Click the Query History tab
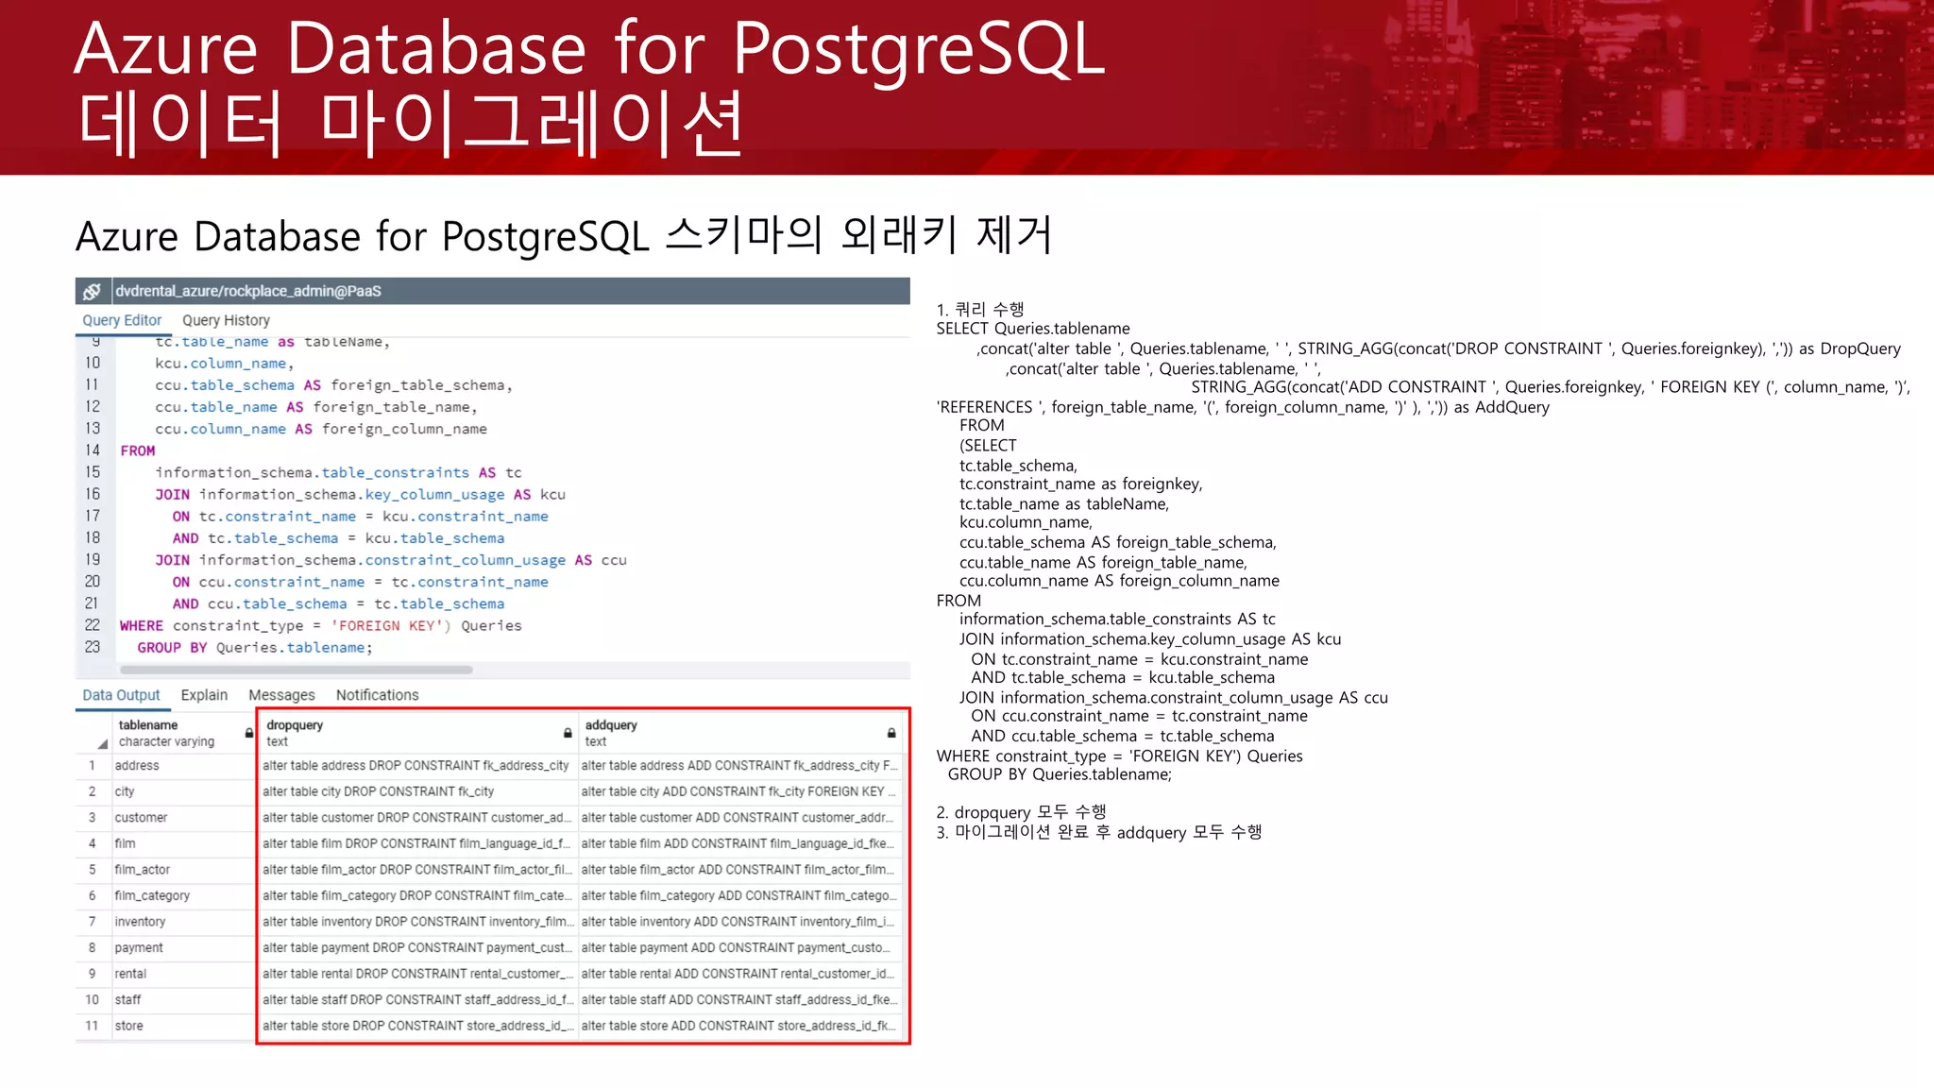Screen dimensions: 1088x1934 pos(226,320)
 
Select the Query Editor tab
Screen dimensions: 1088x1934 pos(122,320)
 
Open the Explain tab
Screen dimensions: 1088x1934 pos(204,695)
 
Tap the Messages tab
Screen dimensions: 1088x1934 pos(281,695)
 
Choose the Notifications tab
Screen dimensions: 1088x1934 pos(377,695)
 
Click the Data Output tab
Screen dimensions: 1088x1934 pos(121,695)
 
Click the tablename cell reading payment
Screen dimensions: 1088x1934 pos(139,947)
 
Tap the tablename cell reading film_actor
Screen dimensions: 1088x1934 pos(143,869)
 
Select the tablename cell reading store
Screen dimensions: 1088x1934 pos(129,1026)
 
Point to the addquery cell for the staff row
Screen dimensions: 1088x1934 pos(738,999)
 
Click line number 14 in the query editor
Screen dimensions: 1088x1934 pos(93,450)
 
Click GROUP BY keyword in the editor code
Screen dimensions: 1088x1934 pos(172,648)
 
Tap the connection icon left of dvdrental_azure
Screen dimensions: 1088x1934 pos(92,291)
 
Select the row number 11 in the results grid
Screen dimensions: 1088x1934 pos(92,1026)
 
